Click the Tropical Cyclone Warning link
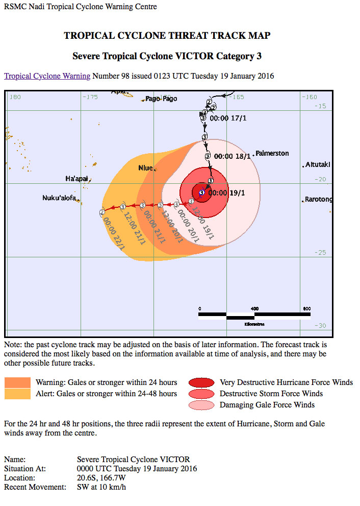tap(47, 76)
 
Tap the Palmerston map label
tap(272, 153)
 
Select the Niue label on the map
tap(146, 168)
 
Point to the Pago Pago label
tap(161, 99)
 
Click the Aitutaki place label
tap(318, 165)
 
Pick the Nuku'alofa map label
tap(59, 198)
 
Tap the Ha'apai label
tap(77, 179)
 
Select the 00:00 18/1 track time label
tap(232, 156)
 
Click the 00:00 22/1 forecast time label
tap(114, 233)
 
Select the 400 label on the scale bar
tap(254, 308)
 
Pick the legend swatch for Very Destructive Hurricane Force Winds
tap(201, 382)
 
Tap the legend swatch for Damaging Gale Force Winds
tap(201, 405)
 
